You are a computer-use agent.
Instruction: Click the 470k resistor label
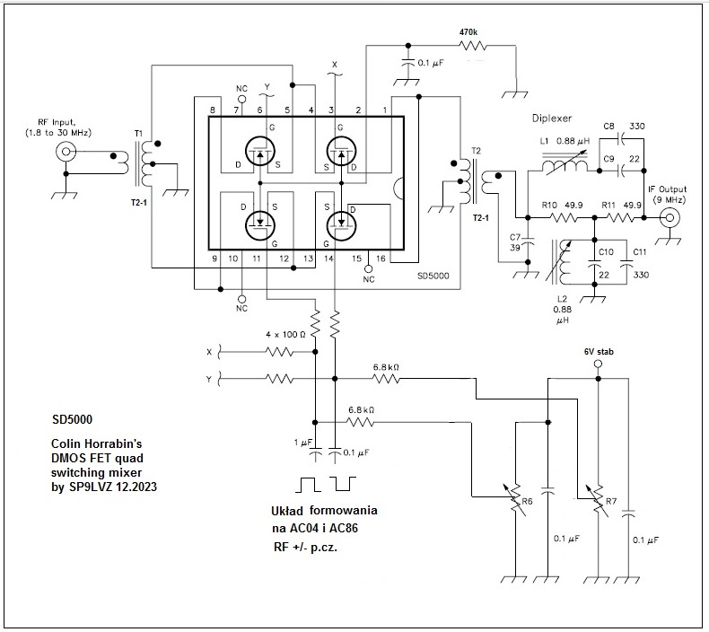468,31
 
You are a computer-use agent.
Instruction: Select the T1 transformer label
138,134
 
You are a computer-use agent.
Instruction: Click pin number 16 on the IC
381,259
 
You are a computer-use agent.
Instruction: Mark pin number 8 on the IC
213,110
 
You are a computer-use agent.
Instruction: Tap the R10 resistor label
550,205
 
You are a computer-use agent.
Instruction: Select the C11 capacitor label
640,252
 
